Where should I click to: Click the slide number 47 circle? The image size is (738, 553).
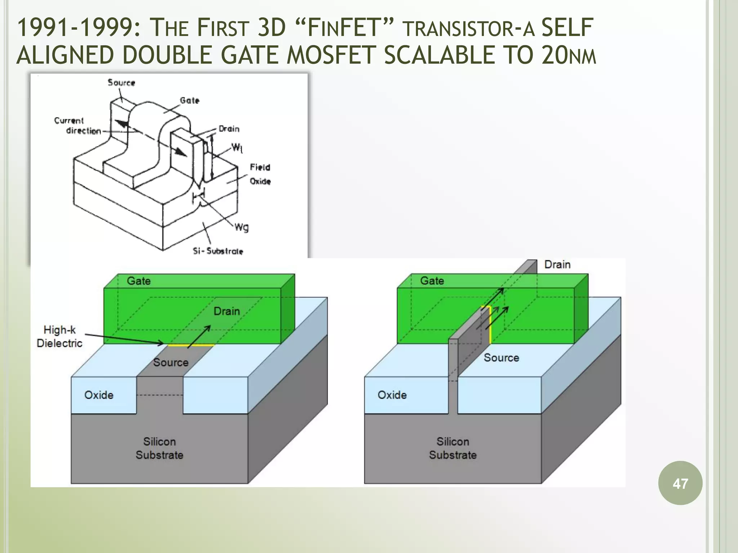coord(680,483)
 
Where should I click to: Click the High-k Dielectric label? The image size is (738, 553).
coord(59,336)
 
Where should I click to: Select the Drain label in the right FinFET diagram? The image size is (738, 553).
coord(557,265)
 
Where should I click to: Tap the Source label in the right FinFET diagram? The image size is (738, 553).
coord(501,358)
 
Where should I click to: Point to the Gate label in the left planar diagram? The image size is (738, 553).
coord(139,281)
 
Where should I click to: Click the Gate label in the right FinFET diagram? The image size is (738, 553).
coord(432,281)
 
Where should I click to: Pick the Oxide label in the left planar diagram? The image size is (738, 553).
coord(99,395)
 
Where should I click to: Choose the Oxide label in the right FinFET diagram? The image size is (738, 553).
coord(392,395)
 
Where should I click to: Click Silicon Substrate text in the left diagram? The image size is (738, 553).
coord(159,448)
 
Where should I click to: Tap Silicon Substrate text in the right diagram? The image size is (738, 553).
coord(453,448)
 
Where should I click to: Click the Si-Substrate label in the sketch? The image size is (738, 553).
coord(218,251)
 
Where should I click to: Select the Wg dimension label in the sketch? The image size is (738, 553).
coord(241,227)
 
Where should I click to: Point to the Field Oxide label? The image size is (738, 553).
coord(260,174)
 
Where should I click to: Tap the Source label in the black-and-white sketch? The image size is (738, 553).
coord(121,82)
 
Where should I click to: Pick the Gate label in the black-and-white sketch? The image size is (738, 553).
coord(190,100)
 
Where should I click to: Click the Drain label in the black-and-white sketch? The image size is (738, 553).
coord(229,129)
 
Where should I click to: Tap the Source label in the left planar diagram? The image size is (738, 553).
coord(171,362)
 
